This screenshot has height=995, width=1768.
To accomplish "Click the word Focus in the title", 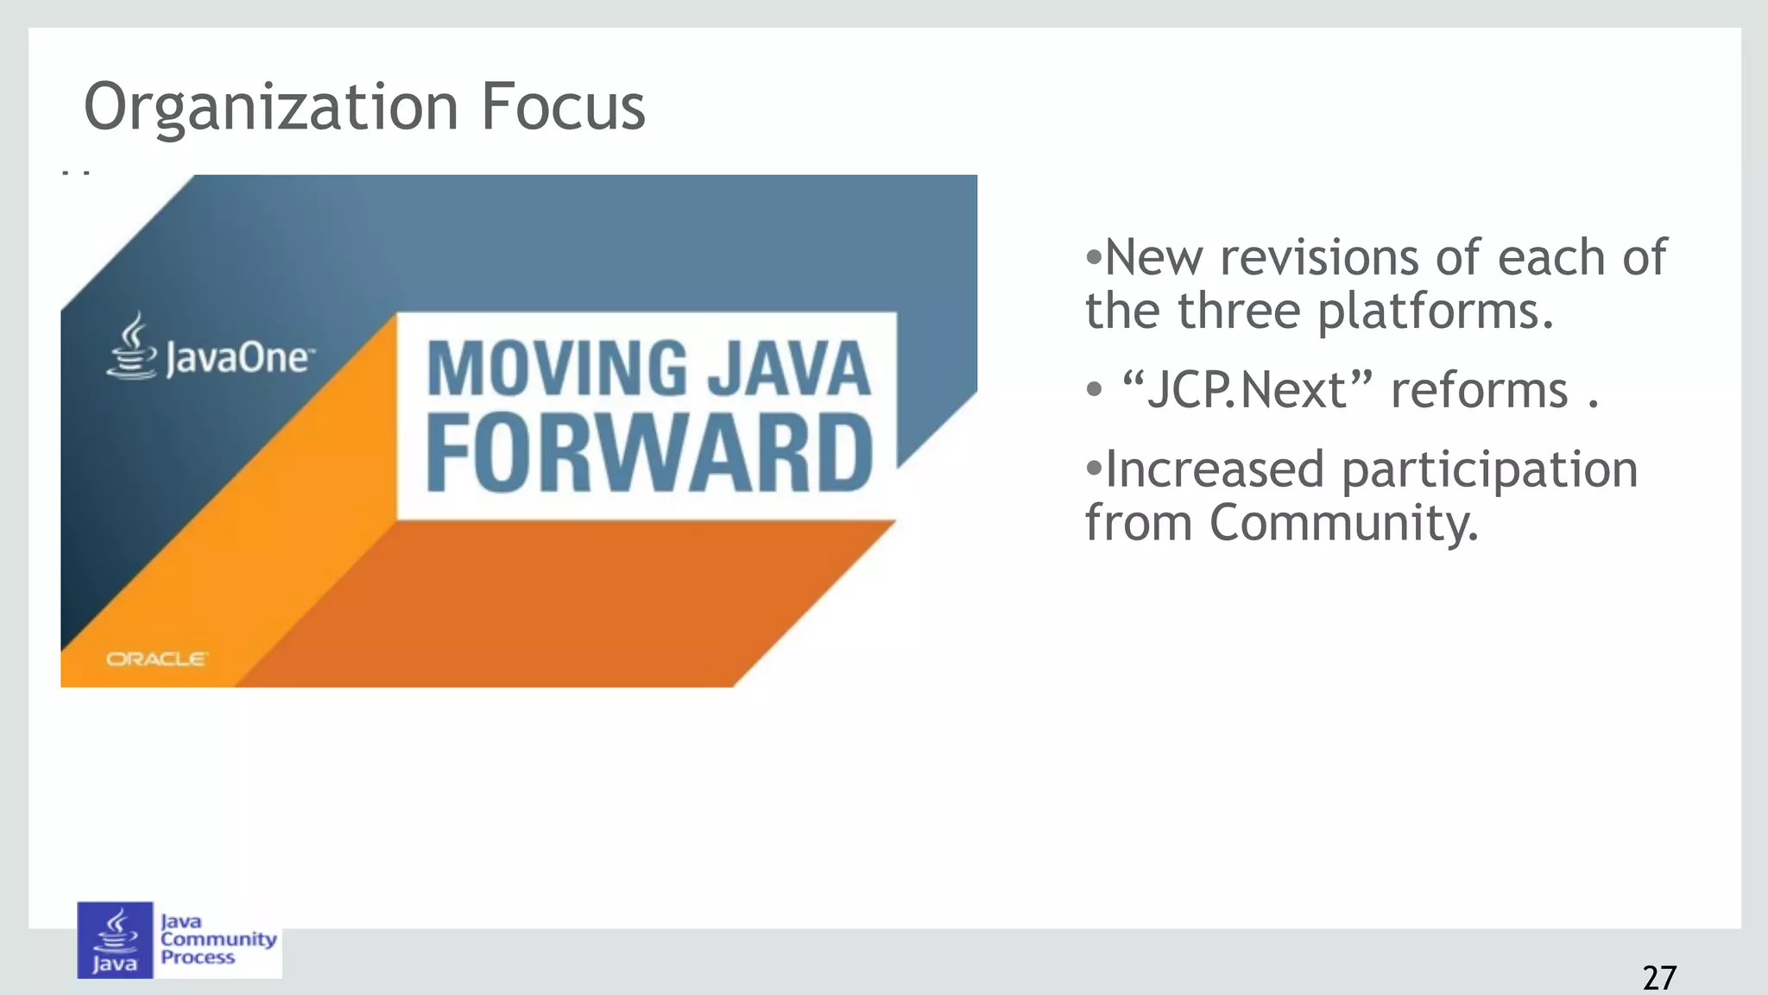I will (562, 107).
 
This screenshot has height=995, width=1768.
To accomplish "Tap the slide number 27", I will (1658, 978).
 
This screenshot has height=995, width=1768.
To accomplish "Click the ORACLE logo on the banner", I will (156, 659).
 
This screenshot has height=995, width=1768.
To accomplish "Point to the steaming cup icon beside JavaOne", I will (130, 347).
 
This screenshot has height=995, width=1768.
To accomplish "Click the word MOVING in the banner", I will (557, 369).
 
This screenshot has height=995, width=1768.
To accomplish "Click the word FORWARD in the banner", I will (649, 454).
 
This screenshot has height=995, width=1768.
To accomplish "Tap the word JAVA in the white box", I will (789, 369).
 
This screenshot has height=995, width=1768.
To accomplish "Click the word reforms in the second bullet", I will (1479, 390).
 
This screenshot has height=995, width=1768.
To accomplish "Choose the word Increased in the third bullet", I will (1214, 470).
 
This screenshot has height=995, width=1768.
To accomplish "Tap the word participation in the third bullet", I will (1489, 470).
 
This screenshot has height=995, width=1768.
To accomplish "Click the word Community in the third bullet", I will (1343, 524).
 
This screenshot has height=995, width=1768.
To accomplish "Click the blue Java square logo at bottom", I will (115, 940).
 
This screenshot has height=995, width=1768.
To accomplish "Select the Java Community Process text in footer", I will (218, 939).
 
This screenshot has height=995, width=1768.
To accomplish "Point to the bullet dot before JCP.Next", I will (1095, 390).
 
